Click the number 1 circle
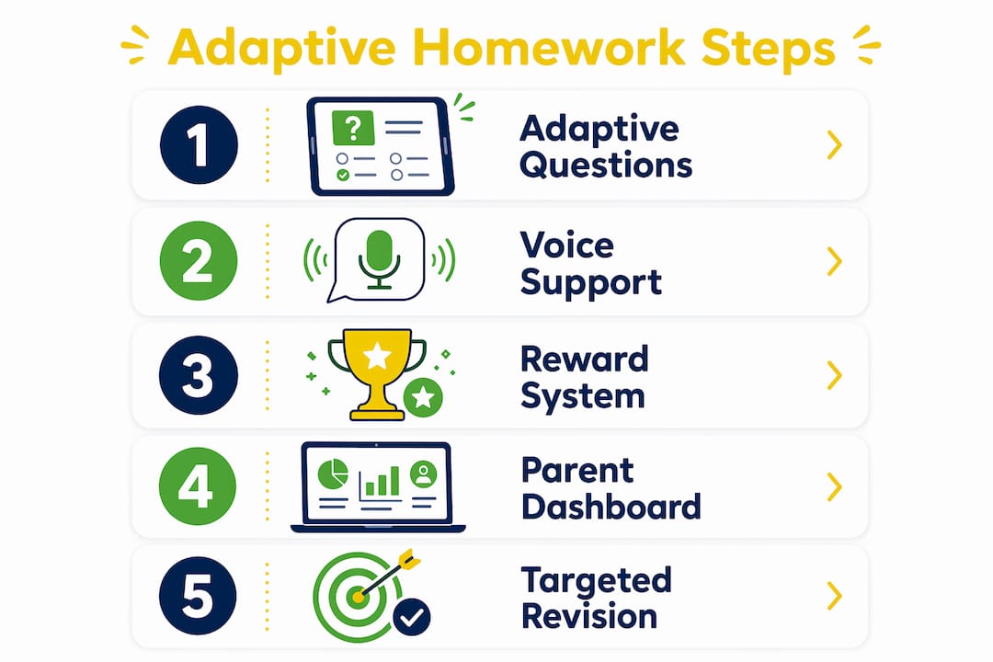(x=199, y=145)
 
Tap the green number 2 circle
(x=199, y=260)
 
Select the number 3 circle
(x=199, y=375)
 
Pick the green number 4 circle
(x=198, y=485)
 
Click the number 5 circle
(x=198, y=596)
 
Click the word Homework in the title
(x=548, y=48)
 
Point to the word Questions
(x=606, y=166)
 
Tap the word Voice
(x=566, y=245)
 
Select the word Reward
(x=585, y=359)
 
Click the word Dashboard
(x=611, y=507)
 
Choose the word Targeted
(x=597, y=581)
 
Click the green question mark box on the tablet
(x=353, y=128)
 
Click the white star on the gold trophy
(x=377, y=356)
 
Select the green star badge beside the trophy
(x=423, y=397)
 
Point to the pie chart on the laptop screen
(x=333, y=474)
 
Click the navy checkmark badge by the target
(x=412, y=617)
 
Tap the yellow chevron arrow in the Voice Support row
(x=835, y=261)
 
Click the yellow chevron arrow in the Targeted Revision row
(x=835, y=596)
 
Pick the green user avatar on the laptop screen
(x=424, y=474)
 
